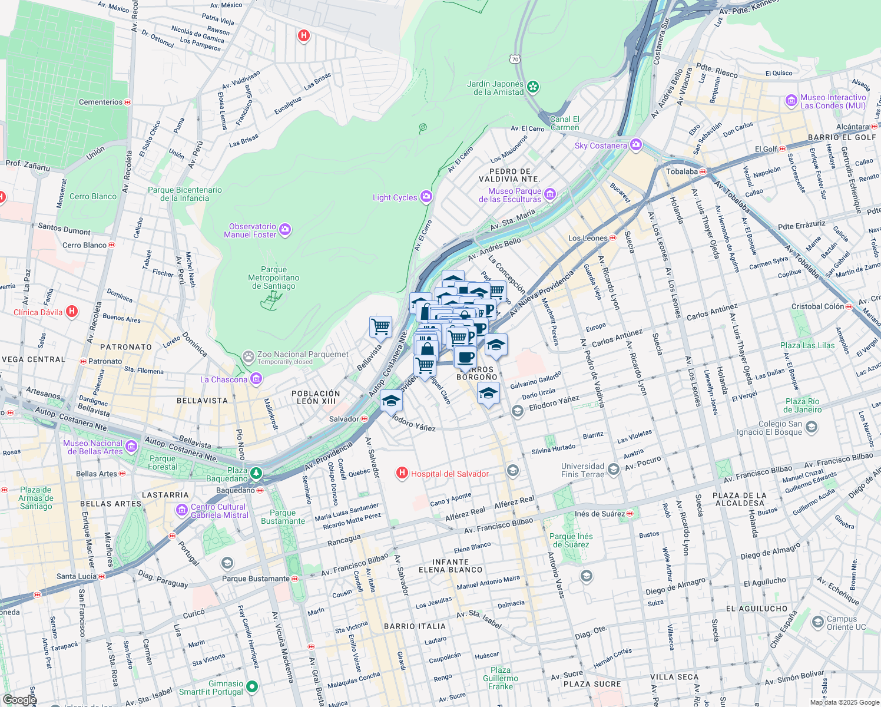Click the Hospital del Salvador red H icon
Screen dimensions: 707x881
pos(402,473)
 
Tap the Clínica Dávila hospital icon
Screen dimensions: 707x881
pos(72,312)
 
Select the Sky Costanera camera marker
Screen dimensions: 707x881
pos(635,145)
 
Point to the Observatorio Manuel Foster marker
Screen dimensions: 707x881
pos(285,230)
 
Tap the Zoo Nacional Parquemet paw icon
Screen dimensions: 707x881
pos(249,356)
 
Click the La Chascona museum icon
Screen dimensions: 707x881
pos(256,379)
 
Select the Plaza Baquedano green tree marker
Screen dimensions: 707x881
pos(256,473)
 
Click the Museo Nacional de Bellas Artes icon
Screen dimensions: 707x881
pos(131,447)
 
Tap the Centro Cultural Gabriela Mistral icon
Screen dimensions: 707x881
pos(182,510)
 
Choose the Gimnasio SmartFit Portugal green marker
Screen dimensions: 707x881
pos(252,686)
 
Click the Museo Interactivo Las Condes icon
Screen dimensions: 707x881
pos(791,101)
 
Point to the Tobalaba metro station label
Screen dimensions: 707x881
pos(681,171)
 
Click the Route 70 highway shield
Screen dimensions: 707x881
pos(515,59)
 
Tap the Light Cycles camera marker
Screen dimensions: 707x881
pos(426,197)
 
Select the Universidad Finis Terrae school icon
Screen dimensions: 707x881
pos(614,469)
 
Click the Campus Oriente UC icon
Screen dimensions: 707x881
pos(817,622)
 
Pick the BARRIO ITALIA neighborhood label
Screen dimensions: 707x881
pos(415,626)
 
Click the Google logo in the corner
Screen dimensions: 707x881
pos(19,699)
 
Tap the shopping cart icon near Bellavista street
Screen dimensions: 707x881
pos(381,326)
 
